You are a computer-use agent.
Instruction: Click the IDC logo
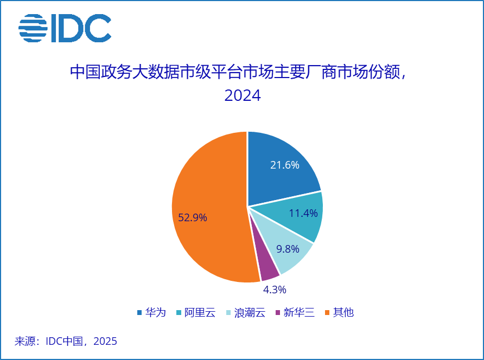coord(65,28)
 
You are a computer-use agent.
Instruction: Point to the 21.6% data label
coord(285,165)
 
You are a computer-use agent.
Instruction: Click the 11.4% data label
coord(303,213)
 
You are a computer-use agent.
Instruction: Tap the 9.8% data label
coord(288,249)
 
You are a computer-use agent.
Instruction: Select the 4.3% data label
coord(275,289)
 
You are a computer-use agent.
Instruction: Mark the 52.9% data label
coord(193,218)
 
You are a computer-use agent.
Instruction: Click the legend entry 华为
coord(155,312)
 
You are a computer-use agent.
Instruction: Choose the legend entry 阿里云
coord(200,312)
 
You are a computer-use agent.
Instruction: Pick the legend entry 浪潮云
coord(249,312)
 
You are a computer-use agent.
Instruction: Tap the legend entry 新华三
coord(299,312)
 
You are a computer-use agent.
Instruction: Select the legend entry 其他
coord(343,312)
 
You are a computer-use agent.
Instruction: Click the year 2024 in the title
coord(243,96)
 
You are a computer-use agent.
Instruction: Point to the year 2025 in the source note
coord(105,341)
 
